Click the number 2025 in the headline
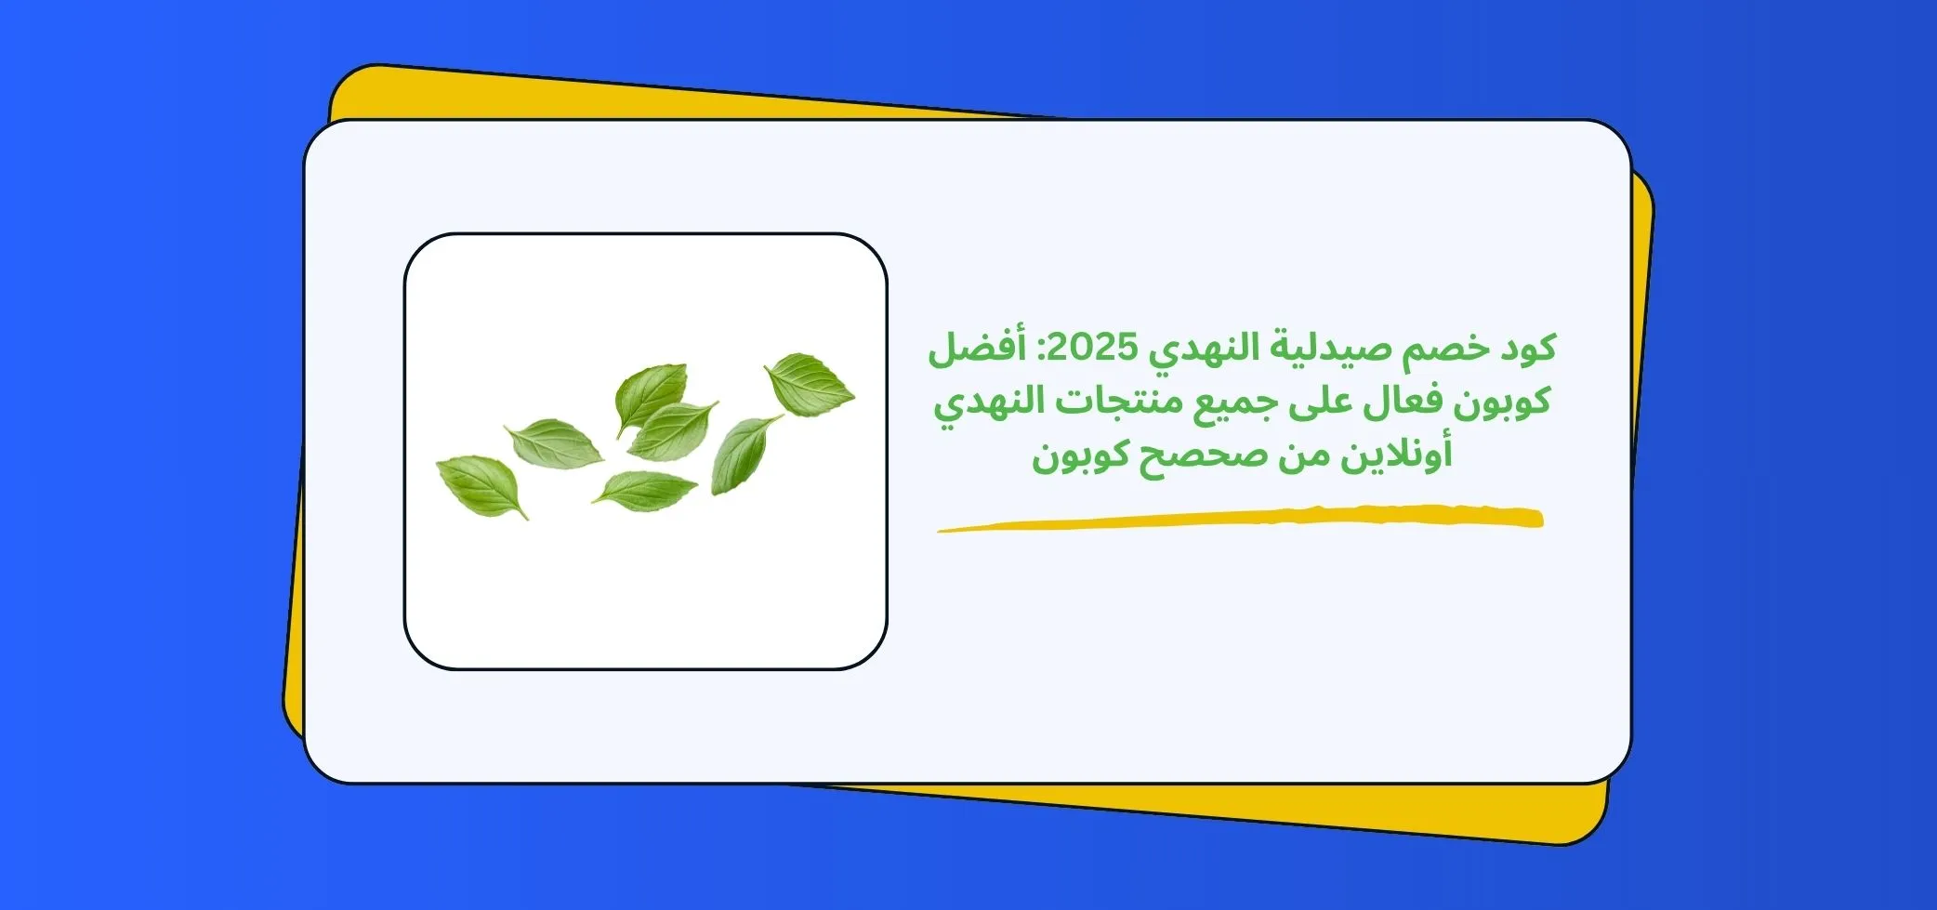1091,349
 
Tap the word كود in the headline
1524,349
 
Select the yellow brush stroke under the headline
1240,518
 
